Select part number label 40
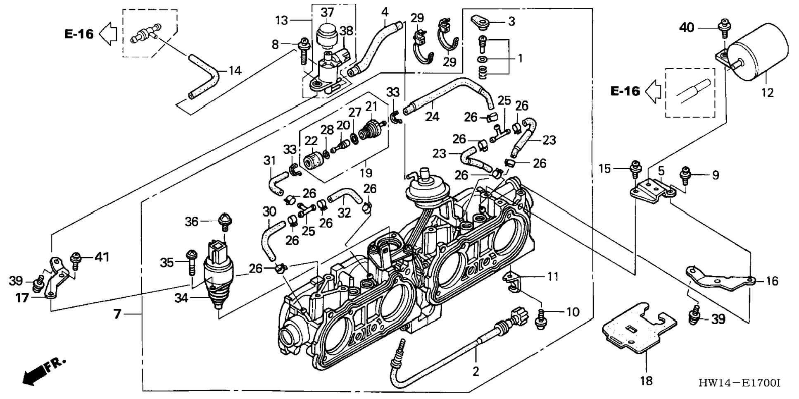point(687,28)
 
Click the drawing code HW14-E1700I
point(739,383)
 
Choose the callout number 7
point(117,314)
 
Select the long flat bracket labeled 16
point(719,279)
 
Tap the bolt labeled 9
point(685,176)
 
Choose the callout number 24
point(433,117)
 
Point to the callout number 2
point(476,371)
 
